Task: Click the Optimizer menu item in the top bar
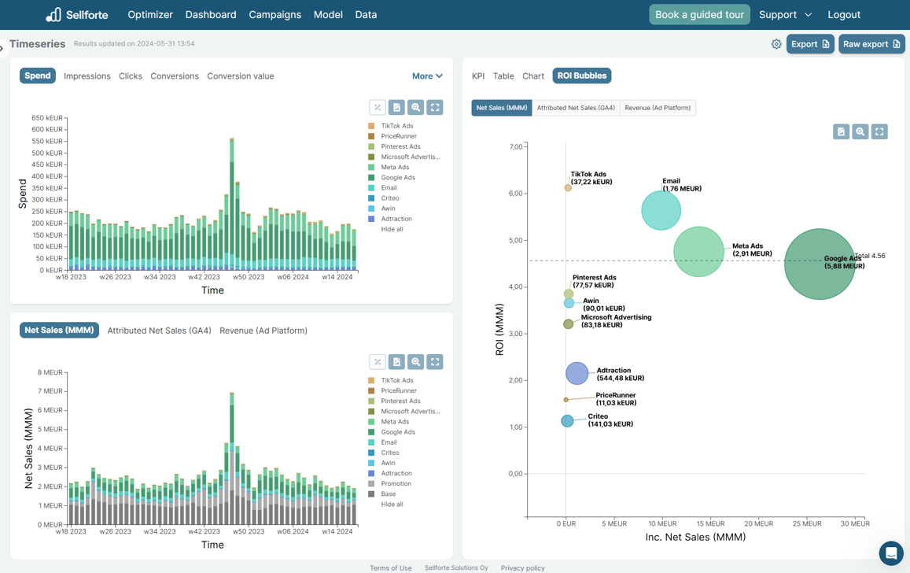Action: click(149, 14)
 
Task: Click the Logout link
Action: click(843, 14)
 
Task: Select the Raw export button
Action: click(871, 44)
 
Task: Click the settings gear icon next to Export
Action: click(776, 44)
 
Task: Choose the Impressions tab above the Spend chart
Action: click(87, 76)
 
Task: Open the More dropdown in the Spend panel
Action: click(427, 76)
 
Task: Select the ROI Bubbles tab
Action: click(581, 76)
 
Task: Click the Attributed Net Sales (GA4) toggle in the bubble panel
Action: click(576, 108)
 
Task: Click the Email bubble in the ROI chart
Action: click(661, 211)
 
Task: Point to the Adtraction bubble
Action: click(577, 373)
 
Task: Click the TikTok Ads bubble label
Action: click(590, 178)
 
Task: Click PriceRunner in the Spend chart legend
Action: click(398, 136)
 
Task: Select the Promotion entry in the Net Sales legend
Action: click(396, 484)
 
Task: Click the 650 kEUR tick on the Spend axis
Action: click(46, 118)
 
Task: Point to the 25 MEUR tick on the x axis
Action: click(807, 523)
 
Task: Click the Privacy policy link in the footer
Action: click(522, 567)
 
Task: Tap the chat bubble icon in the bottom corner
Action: click(890, 553)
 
